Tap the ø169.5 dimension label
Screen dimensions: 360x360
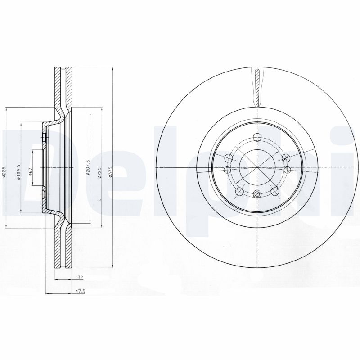[x=19, y=171]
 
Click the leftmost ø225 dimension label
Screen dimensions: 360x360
[x=4, y=171]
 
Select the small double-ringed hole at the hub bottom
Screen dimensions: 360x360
[x=256, y=194]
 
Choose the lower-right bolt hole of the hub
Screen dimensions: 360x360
[x=274, y=192]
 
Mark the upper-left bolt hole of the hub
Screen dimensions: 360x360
[x=228, y=157]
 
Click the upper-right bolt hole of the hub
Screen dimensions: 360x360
[x=285, y=157]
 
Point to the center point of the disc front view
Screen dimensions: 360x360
[x=256, y=167]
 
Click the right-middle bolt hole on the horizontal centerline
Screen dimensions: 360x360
[x=287, y=169]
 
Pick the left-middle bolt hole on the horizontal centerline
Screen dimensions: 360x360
[x=226, y=170]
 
